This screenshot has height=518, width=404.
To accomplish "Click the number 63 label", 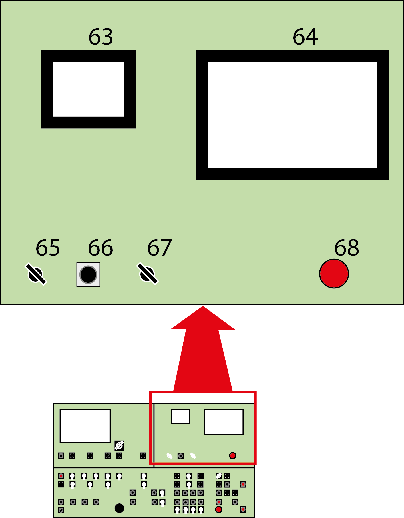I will pyautogui.click(x=101, y=37).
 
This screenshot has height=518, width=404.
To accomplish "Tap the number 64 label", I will pyautogui.click(x=305, y=37).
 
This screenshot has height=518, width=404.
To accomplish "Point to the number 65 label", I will pyautogui.click(x=48, y=248).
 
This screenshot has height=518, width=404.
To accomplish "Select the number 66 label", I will pyautogui.click(x=100, y=248).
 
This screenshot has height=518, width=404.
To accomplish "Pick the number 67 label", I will pyautogui.click(x=159, y=248).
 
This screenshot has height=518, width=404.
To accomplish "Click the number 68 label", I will pyautogui.click(x=347, y=248).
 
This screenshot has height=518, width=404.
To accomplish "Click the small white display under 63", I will pyautogui.click(x=88, y=89).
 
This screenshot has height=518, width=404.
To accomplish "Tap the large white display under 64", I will pyautogui.click(x=292, y=115).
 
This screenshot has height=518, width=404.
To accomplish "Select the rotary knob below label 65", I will pyautogui.click(x=36, y=274).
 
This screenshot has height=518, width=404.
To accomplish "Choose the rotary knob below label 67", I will pyautogui.click(x=148, y=274).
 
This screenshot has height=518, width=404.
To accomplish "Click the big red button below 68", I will pyautogui.click(x=334, y=274).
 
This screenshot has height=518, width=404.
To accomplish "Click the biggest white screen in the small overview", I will pyautogui.click(x=85, y=426).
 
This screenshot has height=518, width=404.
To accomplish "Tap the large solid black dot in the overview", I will pyautogui.click(x=119, y=508).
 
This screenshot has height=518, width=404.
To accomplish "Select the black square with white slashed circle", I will pyautogui.click(x=119, y=445).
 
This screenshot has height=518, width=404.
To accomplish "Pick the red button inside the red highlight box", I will pyautogui.click(x=232, y=455).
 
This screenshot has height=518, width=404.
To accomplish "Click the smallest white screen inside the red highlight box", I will pyautogui.click(x=180, y=417).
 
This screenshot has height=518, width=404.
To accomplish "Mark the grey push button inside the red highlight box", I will pyautogui.click(x=180, y=456).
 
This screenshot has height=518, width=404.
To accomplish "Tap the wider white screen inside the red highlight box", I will pyautogui.click(x=224, y=422).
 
